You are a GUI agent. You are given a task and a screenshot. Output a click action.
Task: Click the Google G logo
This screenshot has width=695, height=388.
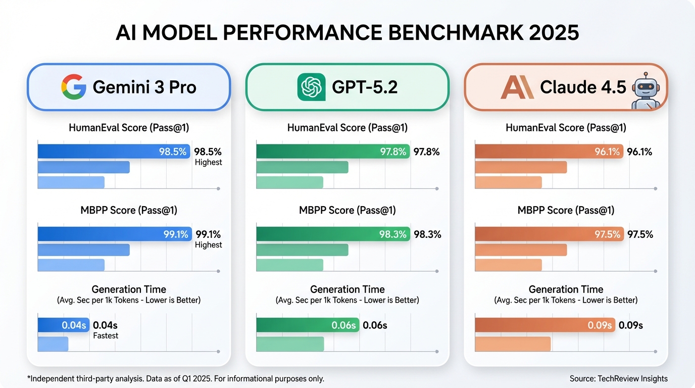pos(73,87)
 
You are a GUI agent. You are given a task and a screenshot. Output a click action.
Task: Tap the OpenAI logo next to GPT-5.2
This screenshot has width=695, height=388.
pos(311,87)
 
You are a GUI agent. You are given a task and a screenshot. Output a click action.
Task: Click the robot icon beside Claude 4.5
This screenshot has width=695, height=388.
pos(646,90)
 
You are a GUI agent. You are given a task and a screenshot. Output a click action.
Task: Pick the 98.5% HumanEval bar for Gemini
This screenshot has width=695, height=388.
pos(114,152)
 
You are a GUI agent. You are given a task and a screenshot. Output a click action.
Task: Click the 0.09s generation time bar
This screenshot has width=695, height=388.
pos(545,325)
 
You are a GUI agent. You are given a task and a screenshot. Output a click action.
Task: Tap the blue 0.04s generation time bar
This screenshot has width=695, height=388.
pos(63,325)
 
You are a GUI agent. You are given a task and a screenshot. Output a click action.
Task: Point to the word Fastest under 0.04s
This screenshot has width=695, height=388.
pos(106,335)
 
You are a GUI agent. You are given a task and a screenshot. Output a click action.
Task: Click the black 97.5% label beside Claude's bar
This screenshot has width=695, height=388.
pos(640,234)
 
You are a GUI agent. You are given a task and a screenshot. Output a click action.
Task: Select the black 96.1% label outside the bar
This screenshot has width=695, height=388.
pos(639,152)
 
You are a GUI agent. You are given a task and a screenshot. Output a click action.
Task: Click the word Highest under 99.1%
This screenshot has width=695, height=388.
pos(208,245)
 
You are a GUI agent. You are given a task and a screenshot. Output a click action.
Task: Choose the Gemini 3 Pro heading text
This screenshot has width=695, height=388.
pos(144,87)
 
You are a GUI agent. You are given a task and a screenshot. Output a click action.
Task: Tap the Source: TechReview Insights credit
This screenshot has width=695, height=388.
pos(618,378)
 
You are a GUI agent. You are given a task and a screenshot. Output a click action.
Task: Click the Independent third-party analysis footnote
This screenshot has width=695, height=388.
pos(175,378)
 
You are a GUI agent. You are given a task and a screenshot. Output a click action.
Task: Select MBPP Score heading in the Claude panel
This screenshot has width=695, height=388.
pos(566,210)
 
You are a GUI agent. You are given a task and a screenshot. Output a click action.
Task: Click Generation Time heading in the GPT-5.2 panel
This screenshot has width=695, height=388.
pos(347,289)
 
